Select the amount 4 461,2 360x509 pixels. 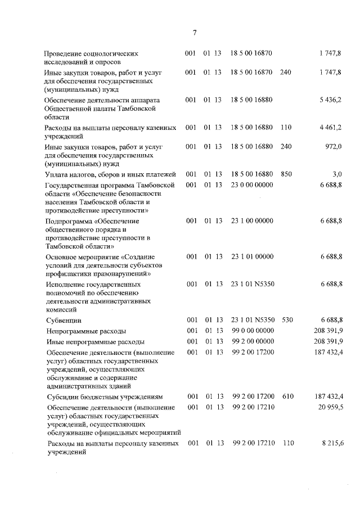tap(330, 128)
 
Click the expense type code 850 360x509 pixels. tap(286, 174)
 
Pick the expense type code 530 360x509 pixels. tap(287, 319)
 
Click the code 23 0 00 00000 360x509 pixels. tap(251, 184)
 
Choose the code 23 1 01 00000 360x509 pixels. tap(251, 256)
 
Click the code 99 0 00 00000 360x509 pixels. tap(253, 330)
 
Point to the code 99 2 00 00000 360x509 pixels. tap(253, 341)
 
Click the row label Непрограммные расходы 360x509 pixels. tap(85, 331)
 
